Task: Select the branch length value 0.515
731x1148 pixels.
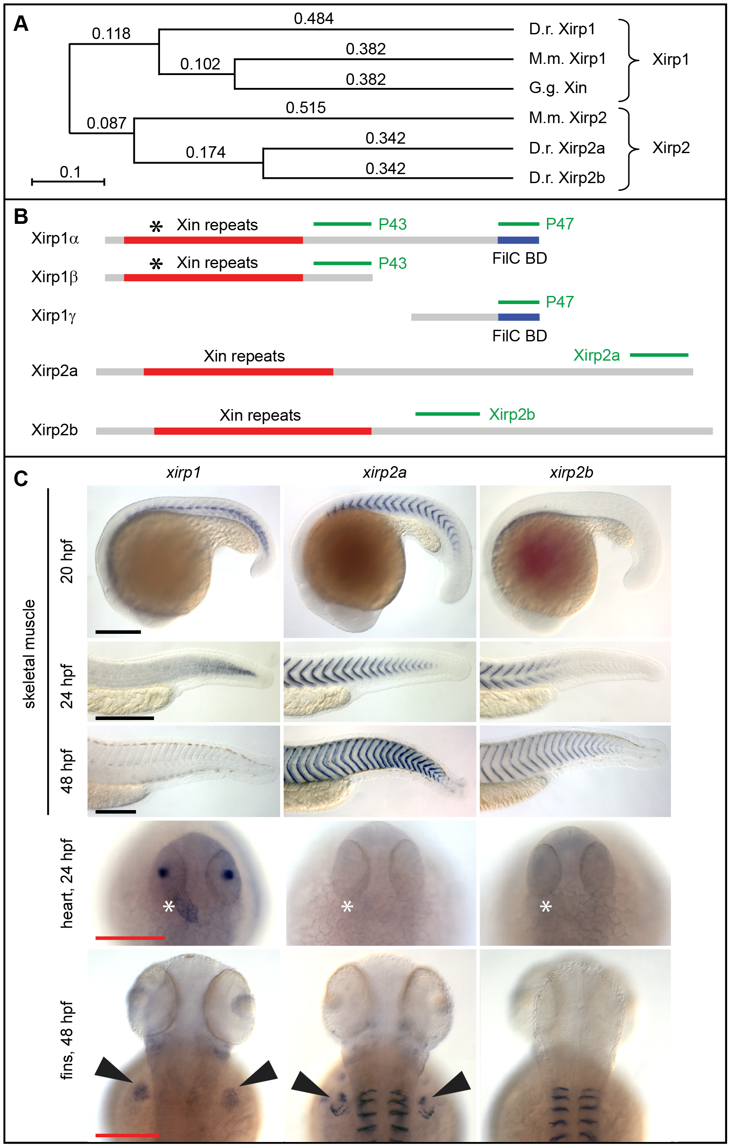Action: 306,108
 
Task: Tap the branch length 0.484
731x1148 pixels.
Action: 314,18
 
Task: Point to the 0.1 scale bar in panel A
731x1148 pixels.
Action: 68,181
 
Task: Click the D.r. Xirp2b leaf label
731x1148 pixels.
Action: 567,178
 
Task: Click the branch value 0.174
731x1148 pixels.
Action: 205,152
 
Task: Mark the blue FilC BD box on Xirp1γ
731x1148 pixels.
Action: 519,317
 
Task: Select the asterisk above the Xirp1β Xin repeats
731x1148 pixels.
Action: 156,264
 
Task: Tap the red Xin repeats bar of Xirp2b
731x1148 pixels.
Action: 263,431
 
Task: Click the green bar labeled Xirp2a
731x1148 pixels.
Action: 659,355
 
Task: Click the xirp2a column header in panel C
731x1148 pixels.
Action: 384,473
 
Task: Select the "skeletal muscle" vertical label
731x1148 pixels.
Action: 30,654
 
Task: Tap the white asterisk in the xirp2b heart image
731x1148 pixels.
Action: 546,906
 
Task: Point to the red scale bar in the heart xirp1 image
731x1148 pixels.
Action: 130,938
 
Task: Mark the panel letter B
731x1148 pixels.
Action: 21,217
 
